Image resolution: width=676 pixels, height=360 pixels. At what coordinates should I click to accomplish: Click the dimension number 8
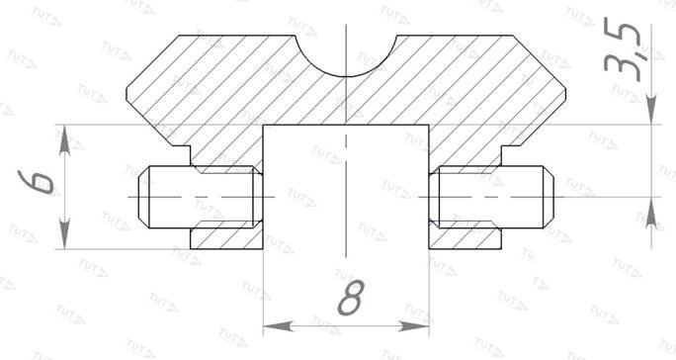pos(351,298)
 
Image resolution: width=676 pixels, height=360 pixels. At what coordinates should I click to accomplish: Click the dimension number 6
pos(37,182)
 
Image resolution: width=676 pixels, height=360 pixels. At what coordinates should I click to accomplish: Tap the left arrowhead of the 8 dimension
pos(278,326)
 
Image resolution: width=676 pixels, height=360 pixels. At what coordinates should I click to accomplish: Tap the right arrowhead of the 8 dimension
pos(414,326)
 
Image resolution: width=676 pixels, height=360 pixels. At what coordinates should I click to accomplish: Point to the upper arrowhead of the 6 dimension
pos(64,139)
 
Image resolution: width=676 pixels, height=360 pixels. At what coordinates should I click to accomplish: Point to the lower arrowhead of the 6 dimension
pos(64,234)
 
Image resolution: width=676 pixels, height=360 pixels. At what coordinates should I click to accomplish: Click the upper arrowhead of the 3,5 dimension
pos(651,110)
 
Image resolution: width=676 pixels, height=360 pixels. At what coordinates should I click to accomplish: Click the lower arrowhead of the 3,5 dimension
pos(651,213)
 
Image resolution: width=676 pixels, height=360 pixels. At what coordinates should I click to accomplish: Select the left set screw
pos(201,197)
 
